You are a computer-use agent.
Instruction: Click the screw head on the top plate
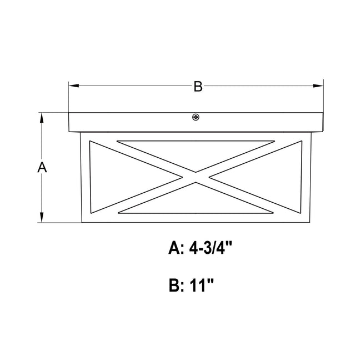click(195, 117)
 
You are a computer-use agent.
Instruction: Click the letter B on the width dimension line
click(198, 86)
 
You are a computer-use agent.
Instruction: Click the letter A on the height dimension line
click(42, 167)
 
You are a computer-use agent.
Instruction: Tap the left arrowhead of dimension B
click(74, 86)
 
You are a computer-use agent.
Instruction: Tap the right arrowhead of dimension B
click(318, 86)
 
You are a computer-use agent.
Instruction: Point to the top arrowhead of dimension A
click(42, 118)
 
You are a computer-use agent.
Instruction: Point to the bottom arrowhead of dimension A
click(42, 217)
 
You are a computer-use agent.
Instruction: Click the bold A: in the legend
click(176, 248)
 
